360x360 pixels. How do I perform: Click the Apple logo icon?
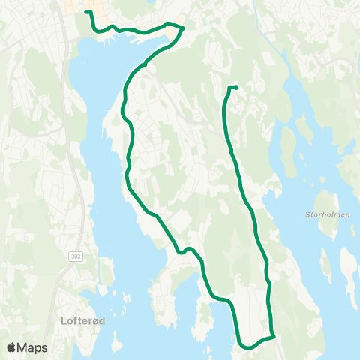pos(12,347)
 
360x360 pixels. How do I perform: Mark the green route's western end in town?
pos(86,13)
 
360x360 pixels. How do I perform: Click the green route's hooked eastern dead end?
pos(236,88)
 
